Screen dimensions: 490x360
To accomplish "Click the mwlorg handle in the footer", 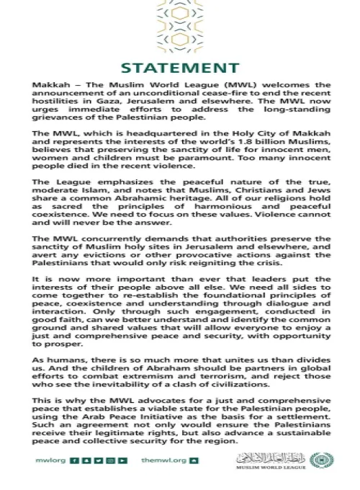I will tap(45, 460).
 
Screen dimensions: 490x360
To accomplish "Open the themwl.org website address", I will tap(159, 460).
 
